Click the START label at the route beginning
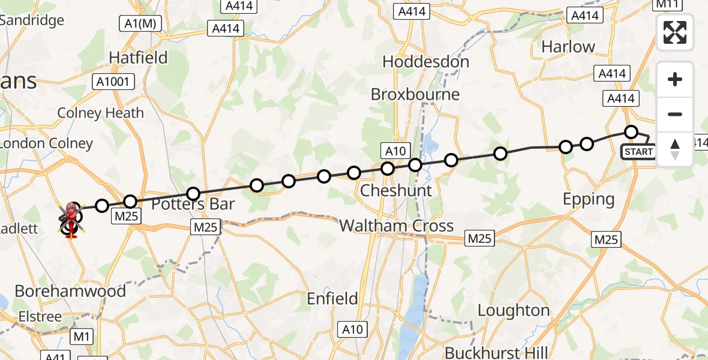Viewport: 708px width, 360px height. click(638, 151)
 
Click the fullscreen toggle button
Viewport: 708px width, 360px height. click(675, 32)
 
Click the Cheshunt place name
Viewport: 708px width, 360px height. click(396, 191)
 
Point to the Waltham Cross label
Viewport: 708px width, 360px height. click(397, 226)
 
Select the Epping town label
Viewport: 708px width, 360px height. click(588, 199)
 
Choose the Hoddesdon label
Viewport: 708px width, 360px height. click(425, 62)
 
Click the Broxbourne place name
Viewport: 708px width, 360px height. click(415, 94)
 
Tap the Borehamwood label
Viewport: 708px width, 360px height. click(70, 291)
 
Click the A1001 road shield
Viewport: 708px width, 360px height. click(113, 82)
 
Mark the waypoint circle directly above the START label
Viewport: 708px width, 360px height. click(631, 131)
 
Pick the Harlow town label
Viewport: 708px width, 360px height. click(568, 47)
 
